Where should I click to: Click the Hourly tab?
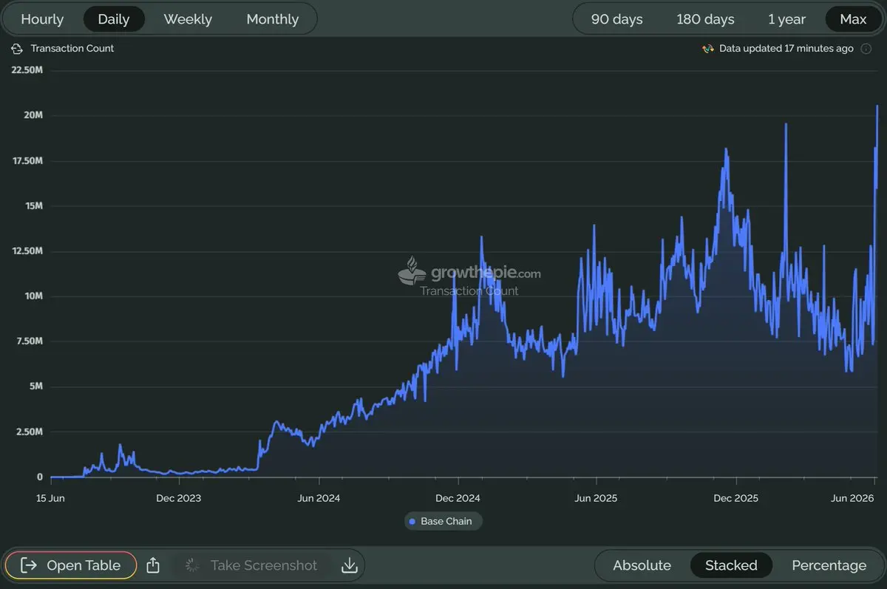42,19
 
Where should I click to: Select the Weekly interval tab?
188,19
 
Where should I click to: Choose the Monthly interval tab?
273,19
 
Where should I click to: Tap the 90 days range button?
616,19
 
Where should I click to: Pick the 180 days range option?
705,19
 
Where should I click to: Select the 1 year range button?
786,19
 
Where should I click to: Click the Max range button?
853,19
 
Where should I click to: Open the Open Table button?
71,565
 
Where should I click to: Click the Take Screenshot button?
252,565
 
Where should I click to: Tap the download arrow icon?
349,565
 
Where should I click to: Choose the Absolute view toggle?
642,565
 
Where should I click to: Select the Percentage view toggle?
829,565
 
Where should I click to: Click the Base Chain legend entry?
443,521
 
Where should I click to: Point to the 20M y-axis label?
33,115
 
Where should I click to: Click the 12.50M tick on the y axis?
27,251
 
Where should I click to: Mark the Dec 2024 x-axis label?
458,498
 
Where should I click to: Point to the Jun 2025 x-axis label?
596,498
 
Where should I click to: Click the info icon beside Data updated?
866,49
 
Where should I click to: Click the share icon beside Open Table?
153,565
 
